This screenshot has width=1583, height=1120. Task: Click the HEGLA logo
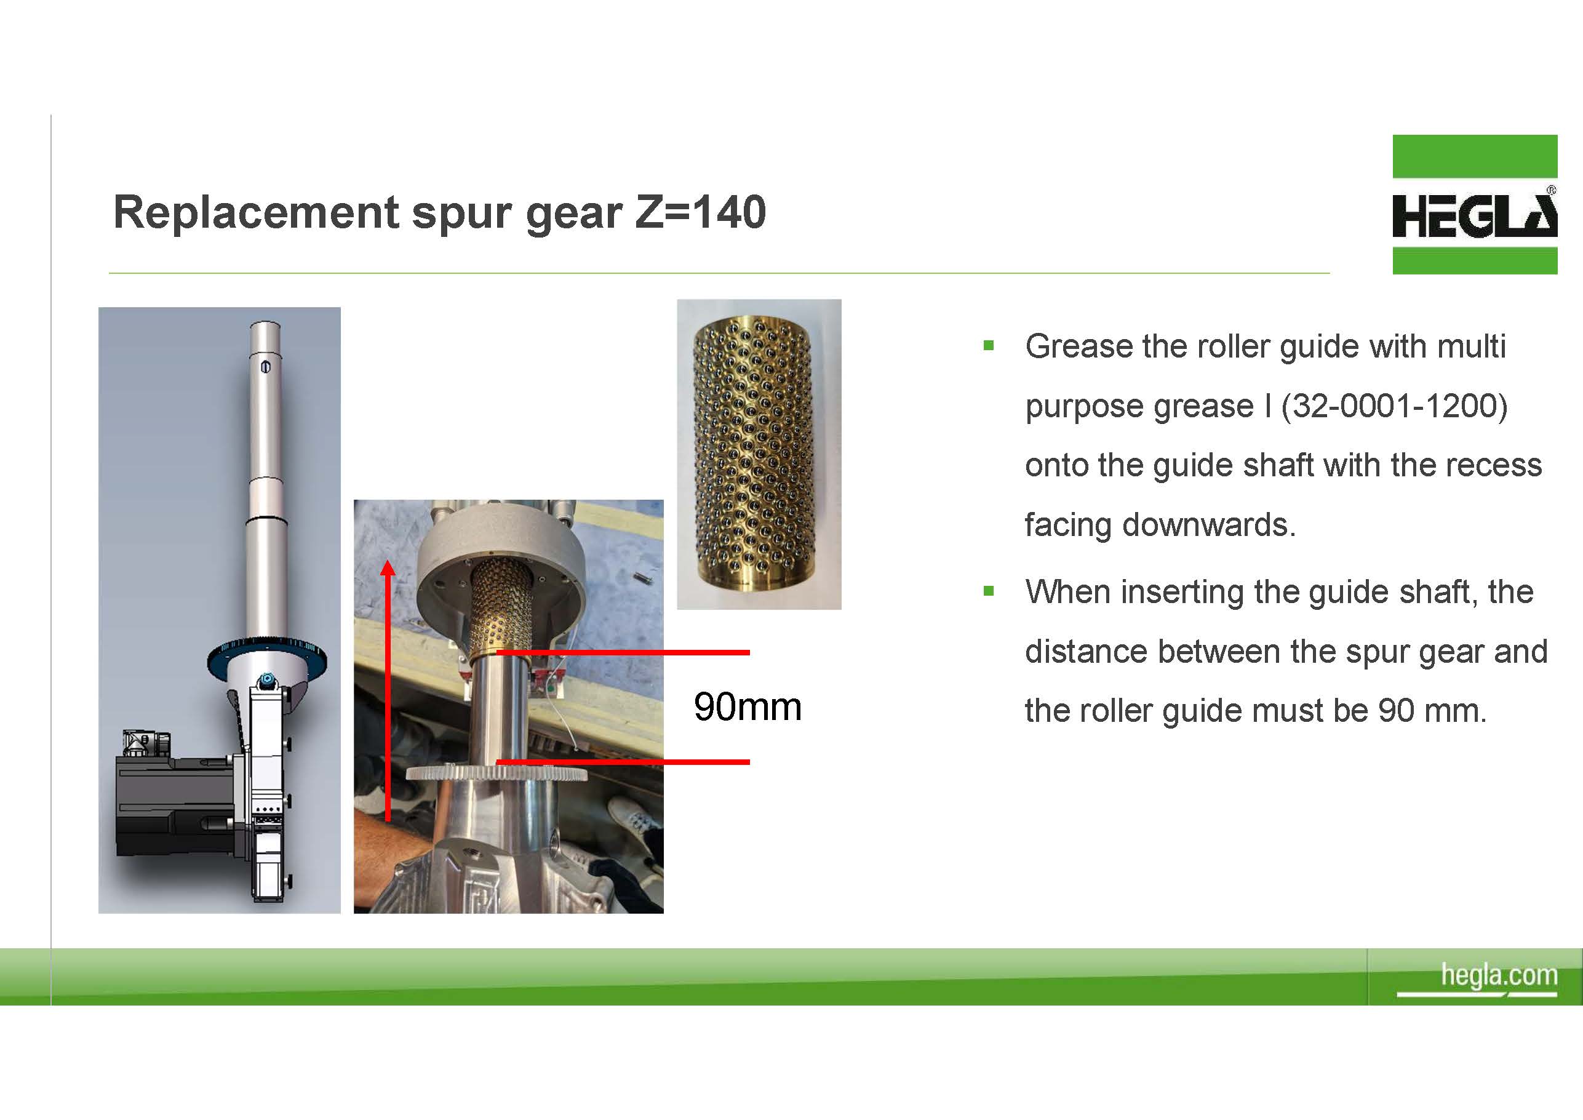(x=1475, y=204)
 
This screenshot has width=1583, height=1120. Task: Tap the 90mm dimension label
(x=748, y=707)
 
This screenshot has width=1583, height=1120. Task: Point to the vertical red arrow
(x=388, y=690)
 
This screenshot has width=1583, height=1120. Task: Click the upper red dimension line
(x=623, y=652)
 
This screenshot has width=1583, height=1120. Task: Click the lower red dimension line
(x=623, y=762)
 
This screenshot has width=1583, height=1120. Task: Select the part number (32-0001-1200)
(x=1394, y=406)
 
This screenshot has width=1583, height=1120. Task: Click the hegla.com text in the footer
(x=1499, y=975)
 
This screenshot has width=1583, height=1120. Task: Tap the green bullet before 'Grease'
(x=989, y=345)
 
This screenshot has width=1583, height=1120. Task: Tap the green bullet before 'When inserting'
(x=989, y=591)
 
